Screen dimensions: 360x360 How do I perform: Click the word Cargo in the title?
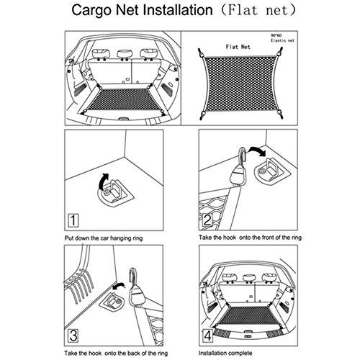click(x=92, y=11)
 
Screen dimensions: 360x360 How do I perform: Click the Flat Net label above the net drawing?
click(x=238, y=47)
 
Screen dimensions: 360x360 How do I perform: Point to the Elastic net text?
click(x=282, y=40)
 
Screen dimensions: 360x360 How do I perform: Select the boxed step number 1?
click(x=73, y=220)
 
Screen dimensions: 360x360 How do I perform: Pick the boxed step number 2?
click(x=207, y=220)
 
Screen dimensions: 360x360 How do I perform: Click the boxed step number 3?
click(x=73, y=336)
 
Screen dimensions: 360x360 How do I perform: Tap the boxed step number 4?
click(x=207, y=336)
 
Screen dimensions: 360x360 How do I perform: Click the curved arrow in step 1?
click(x=103, y=181)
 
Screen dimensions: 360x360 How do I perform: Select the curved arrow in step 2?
click(x=258, y=150)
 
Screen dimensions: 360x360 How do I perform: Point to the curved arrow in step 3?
click(x=119, y=286)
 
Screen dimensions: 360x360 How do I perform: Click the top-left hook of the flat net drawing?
click(x=201, y=53)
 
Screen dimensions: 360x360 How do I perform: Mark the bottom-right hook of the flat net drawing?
click(x=280, y=114)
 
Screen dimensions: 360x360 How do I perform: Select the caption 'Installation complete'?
click(x=225, y=353)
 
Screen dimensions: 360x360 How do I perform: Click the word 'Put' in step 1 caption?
click(x=68, y=238)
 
